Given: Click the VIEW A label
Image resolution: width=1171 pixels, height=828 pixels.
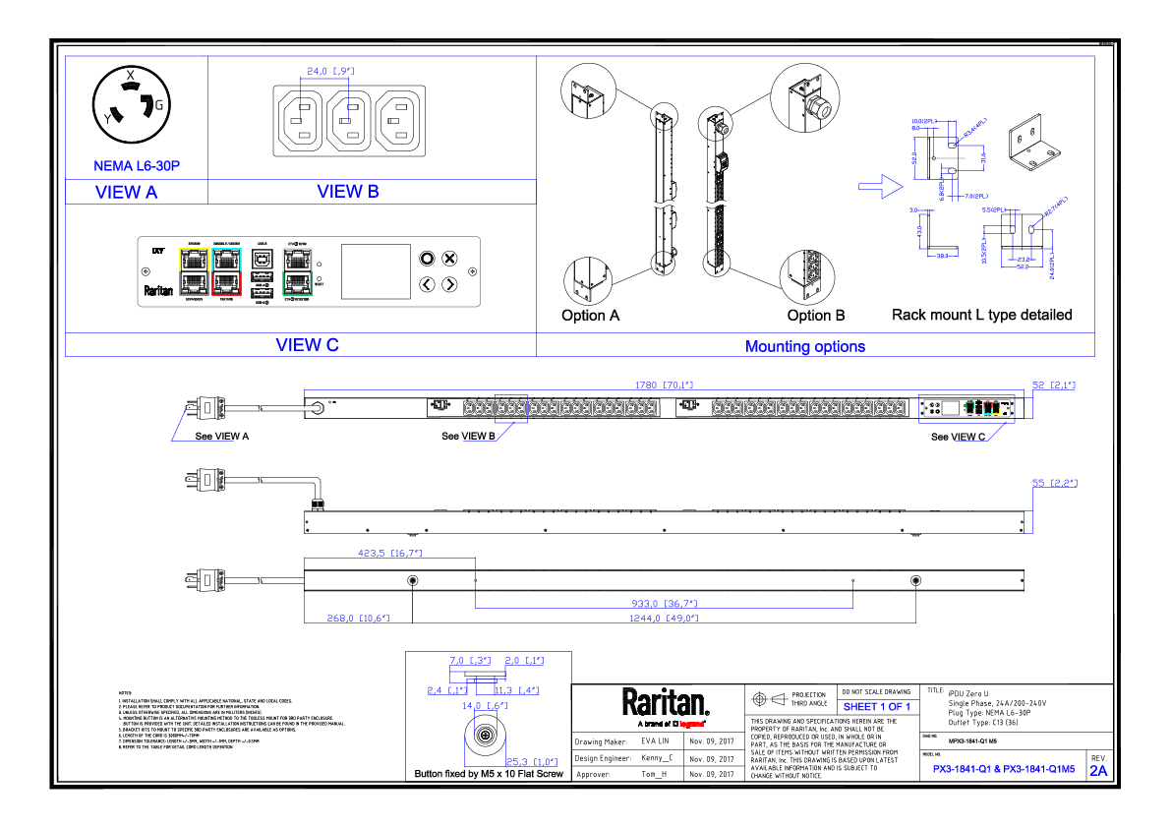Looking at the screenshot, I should coord(126,193).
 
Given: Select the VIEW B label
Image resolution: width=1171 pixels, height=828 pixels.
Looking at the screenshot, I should coord(347,192).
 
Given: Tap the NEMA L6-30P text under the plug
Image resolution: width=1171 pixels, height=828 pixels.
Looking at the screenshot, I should coord(136,167).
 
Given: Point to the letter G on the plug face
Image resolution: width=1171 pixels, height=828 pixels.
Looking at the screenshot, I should coord(158,104).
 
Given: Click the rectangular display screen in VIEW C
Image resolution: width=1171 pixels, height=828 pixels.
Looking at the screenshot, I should coord(376,271).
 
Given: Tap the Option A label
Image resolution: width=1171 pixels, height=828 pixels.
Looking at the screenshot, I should coord(590,316).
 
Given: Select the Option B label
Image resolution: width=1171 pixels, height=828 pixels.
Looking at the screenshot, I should coord(815,316).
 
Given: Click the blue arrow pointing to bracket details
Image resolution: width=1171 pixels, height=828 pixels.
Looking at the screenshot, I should coord(878,184).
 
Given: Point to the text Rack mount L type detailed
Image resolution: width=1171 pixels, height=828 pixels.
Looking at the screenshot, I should coord(981,316).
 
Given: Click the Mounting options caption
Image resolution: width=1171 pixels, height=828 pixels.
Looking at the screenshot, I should coord(805,346).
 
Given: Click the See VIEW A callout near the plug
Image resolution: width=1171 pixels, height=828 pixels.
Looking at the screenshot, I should coord(221,436).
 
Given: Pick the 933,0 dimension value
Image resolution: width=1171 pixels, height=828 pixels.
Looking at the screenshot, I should coord(666,602).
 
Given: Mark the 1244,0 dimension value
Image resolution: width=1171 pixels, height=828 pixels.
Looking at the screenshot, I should coord(666,619).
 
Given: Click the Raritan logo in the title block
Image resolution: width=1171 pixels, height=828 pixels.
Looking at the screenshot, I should coord(665,703).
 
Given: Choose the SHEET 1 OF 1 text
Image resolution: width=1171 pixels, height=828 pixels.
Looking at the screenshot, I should coord(876,707).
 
